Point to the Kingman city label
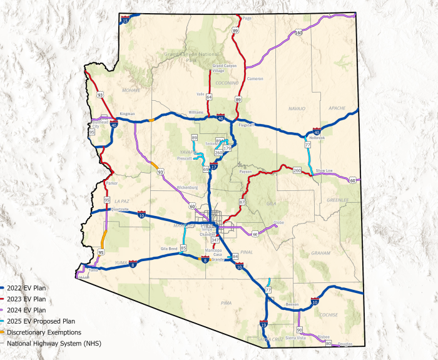pos(127,114)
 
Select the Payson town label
pos(245,171)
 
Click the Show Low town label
pos(324,170)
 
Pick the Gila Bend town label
pos(170,249)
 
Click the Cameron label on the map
pos(255,79)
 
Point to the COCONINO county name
pos(226,82)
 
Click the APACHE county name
pos(337,108)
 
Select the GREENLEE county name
pos(338,200)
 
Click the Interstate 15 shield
pos(126,21)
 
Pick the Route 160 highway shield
pos(299,33)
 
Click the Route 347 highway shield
pos(215,240)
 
